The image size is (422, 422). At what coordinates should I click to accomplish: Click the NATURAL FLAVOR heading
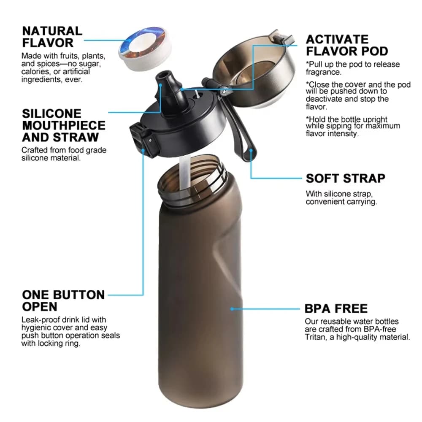[x=52, y=37]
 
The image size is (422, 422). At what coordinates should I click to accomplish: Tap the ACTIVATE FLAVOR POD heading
[x=347, y=45]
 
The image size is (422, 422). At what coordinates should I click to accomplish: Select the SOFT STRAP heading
[x=345, y=178]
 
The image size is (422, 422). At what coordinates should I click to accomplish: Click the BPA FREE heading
[x=336, y=308]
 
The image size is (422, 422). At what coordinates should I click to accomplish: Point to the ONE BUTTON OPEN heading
[x=63, y=300]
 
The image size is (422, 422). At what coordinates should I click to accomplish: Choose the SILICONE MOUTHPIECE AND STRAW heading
[x=64, y=125]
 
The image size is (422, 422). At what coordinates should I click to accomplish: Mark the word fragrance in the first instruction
[x=323, y=72]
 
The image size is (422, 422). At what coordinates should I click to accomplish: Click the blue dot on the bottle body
[x=232, y=309]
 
